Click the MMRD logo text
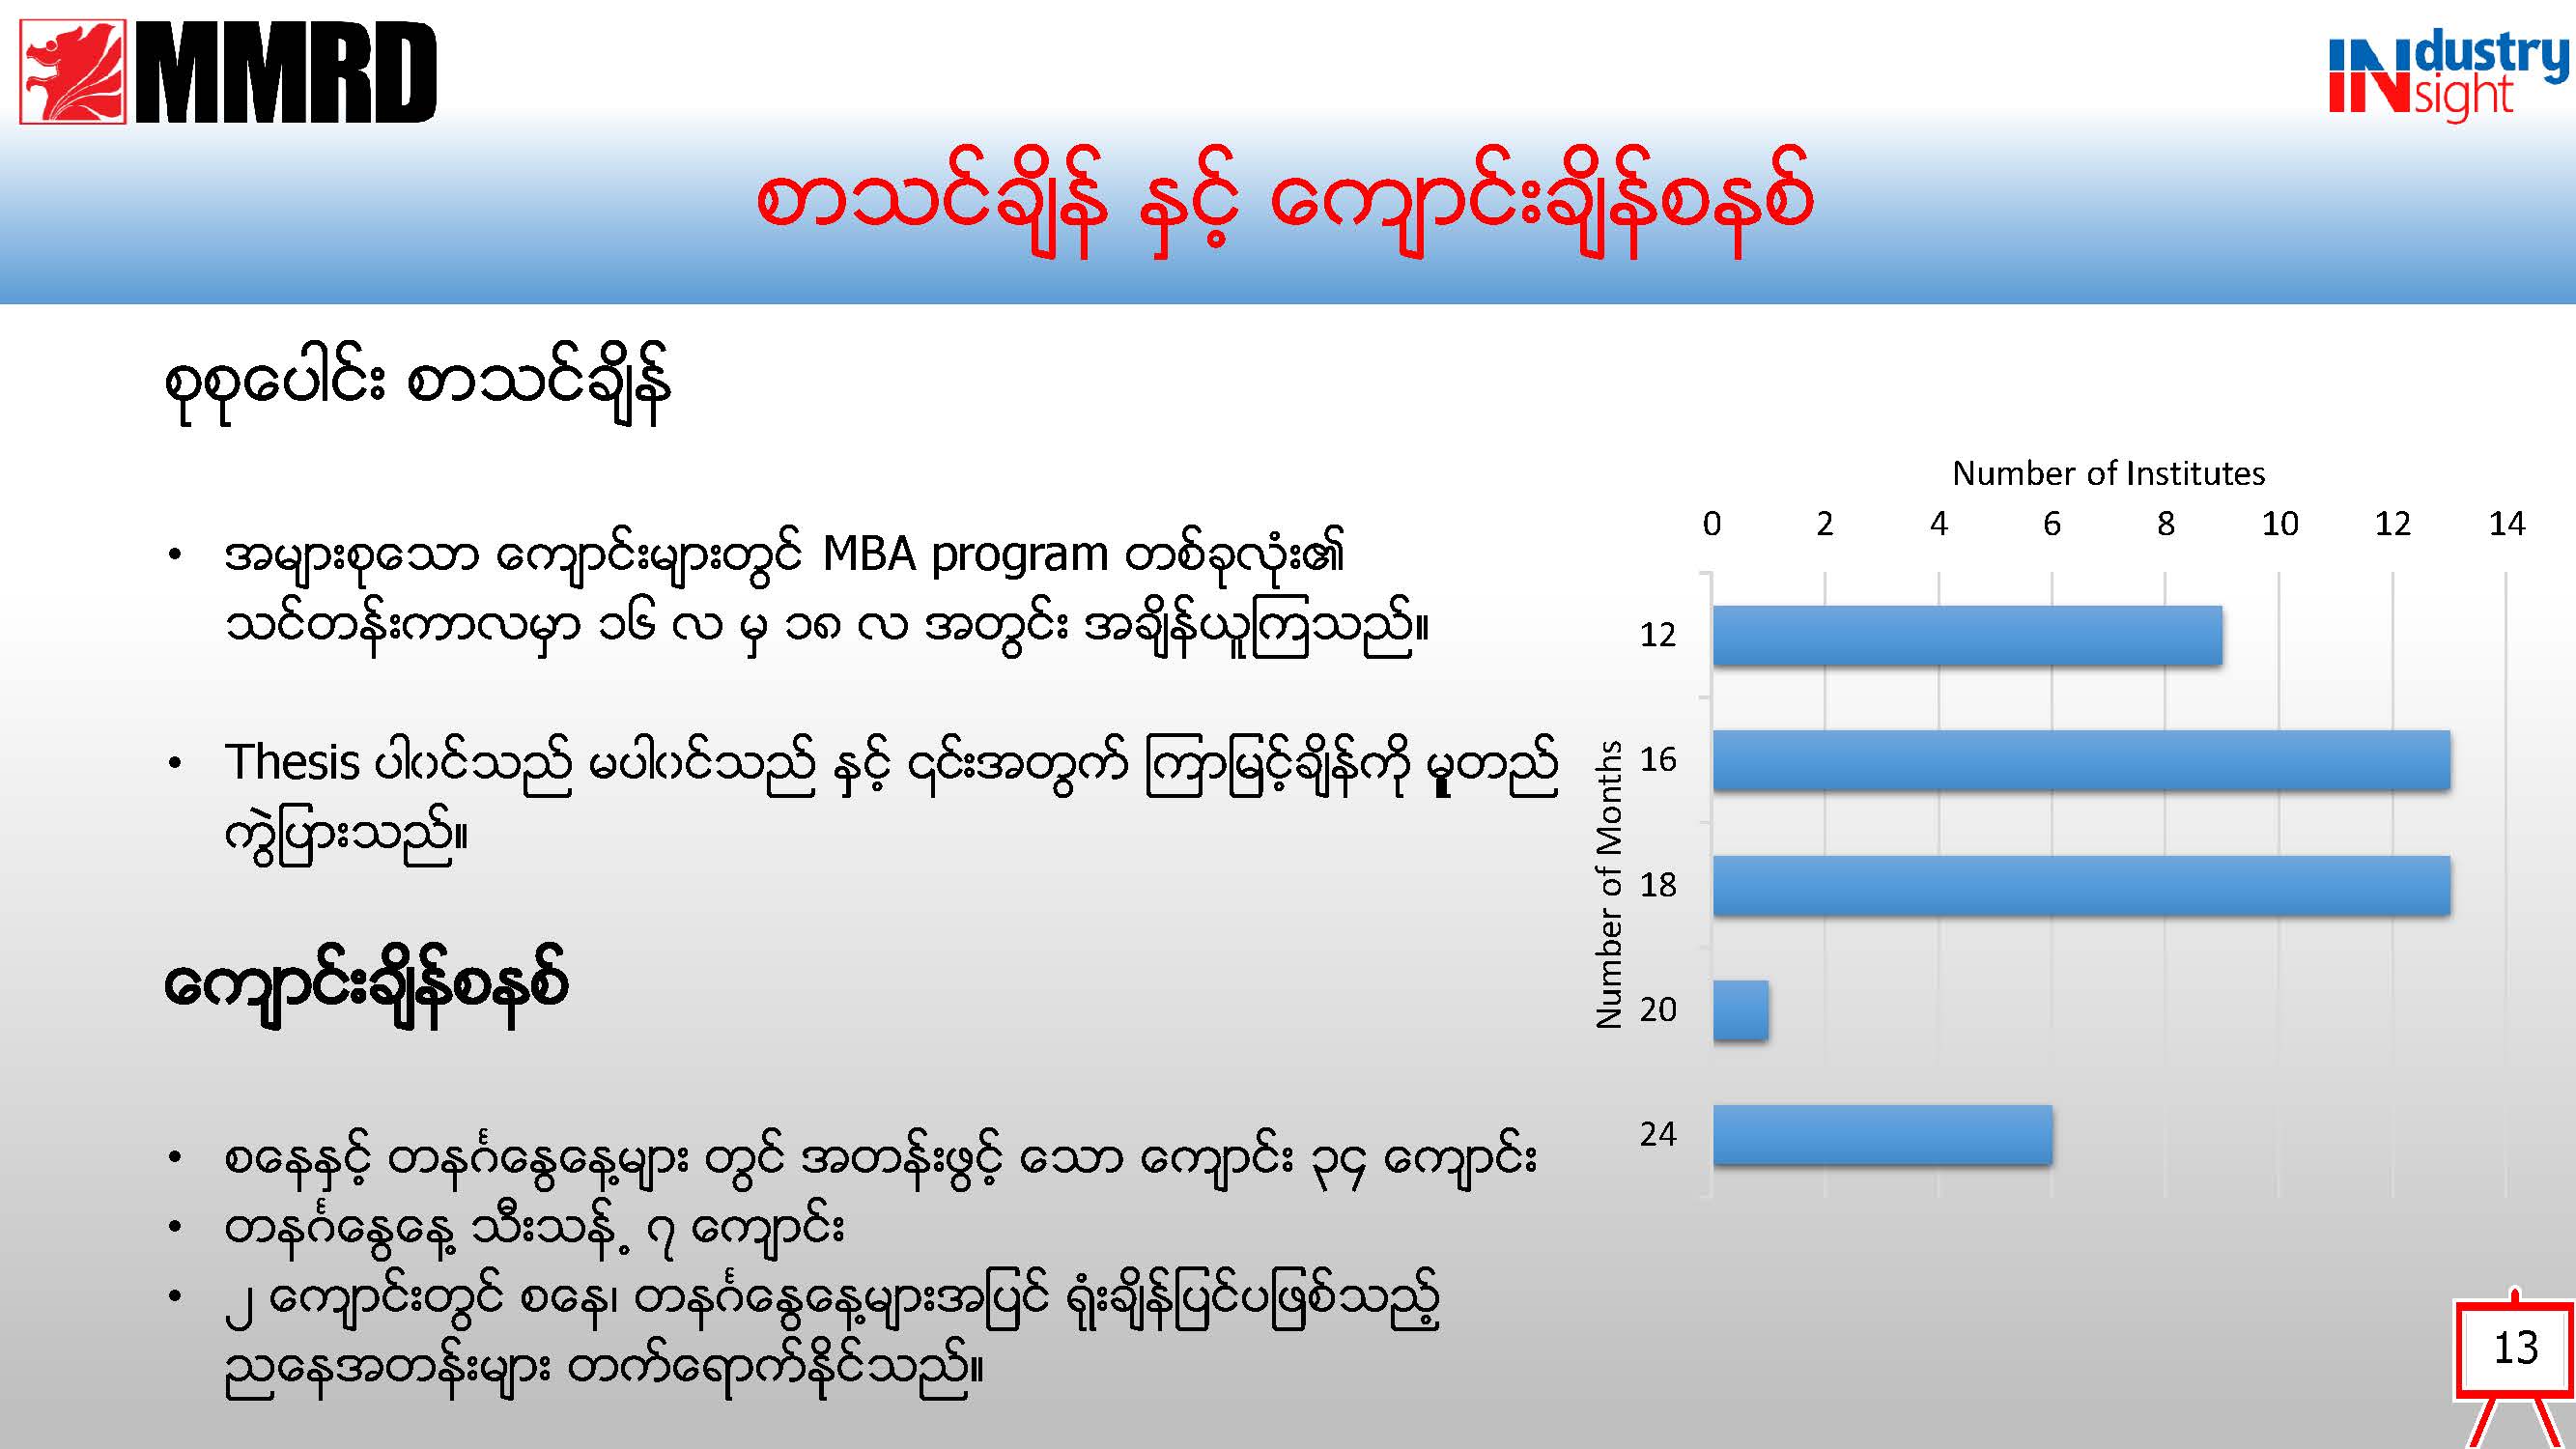(x=286, y=72)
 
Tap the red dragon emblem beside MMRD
(x=73, y=72)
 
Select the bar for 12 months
(x=1967, y=635)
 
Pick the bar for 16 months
(x=2081, y=760)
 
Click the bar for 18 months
(x=2081, y=885)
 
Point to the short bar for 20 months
(x=1740, y=1010)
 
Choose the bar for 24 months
(x=1882, y=1135)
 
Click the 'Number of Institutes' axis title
(x=2108, y=473)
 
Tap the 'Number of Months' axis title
(x=1608, y=884)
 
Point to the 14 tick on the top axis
(x=2506, y=523)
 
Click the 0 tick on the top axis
(x=1712, y=523)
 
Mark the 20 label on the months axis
(x=1658, y=1010)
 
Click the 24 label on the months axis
(x=1658, y=1134)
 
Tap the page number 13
(x=2515, y=1348)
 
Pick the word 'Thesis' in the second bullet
(x=291, y=762)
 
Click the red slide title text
(x=1284, y=202)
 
